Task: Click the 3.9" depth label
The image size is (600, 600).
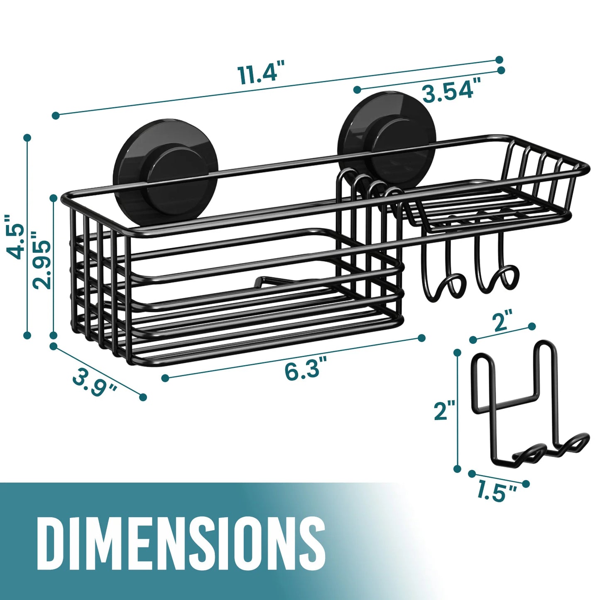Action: [x=95, y=383]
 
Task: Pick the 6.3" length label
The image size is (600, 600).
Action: [x=303, y=369]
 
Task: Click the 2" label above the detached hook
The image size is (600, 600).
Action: [x=501, y=322]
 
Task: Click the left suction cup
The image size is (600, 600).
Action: [x=168, y=172]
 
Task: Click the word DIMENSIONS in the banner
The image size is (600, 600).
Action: [x=181, y=544]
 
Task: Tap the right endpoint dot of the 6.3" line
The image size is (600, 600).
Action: [x=422, y=338]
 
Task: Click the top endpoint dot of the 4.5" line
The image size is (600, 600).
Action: [x=27, y=137]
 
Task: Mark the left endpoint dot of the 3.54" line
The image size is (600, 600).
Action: [x=357, y=89]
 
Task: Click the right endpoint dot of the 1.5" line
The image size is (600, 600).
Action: [x=526, y=484]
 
